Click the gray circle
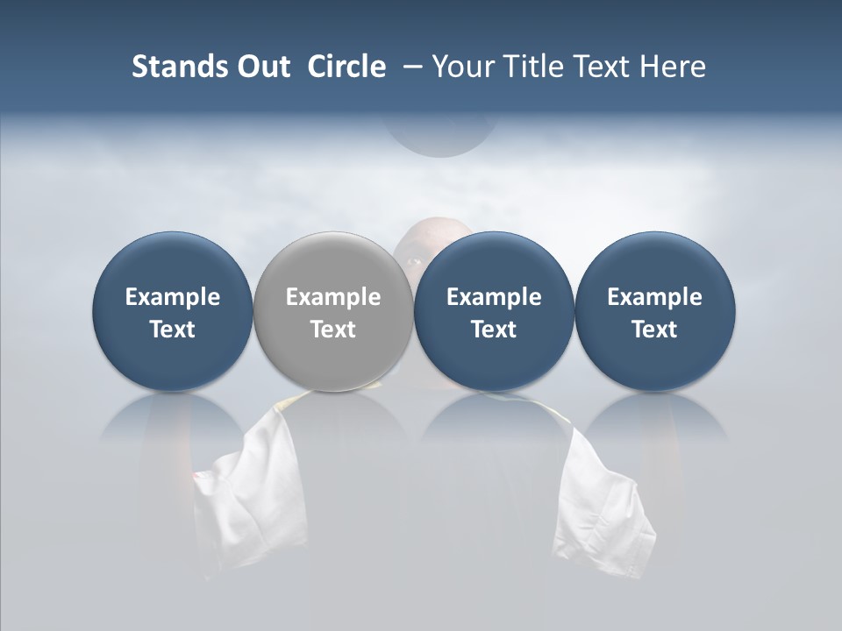coord(332,311)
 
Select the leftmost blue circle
coord(172,311)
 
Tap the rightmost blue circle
coord(654,311)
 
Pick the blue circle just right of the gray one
coord(494,311)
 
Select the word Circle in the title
coord(346,67)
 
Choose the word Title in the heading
coord(530,67)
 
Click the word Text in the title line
coord(600,67)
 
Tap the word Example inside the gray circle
coord(333,297)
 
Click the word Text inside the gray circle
coord(333,330)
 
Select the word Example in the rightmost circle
coord(654,297)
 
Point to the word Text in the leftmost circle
coord(172,330)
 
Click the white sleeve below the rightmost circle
coord(605,500)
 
